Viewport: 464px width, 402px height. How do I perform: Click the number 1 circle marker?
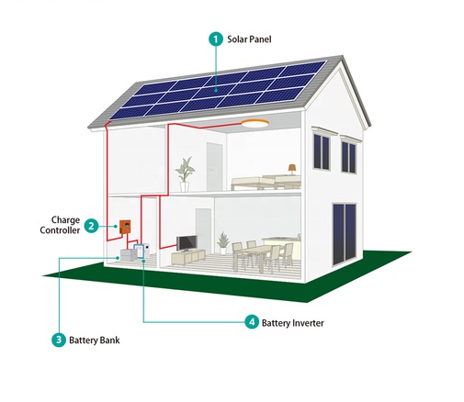coord(216,39)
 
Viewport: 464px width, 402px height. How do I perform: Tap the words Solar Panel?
coord(249,39)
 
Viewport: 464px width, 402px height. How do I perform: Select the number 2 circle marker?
coord(91,226)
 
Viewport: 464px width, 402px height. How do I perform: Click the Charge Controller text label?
coord(61,225)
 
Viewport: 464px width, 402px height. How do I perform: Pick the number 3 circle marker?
coord(59,340)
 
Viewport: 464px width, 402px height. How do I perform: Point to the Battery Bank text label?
coord(95,341)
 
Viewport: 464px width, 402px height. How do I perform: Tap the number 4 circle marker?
coord(252,322)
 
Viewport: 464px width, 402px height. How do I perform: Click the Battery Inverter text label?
coord(293,323)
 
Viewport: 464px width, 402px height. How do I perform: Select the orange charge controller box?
coord(125,228)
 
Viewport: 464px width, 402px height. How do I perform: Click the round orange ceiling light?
coord(255,123)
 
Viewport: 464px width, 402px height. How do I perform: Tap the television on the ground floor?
coord(187,243)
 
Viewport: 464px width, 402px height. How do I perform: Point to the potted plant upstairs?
coord(185,174)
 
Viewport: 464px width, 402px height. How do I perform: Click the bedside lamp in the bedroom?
coord(292,169)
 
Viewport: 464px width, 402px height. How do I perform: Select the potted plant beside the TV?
coord(223,243)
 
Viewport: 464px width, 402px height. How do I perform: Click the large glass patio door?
coord(345,235)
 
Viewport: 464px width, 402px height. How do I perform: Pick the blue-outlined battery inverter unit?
coord(138,251)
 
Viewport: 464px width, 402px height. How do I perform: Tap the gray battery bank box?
coord(128,255)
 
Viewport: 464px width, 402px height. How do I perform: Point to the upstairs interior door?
coord(214,167)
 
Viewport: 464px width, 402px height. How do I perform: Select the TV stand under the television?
coord(188,257)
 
